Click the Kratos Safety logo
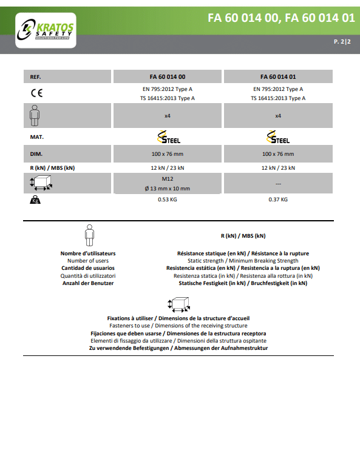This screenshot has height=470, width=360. pyautogui.click(x=46, y=30)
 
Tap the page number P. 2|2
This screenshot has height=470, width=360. pyautogui.click(x=342, y=41)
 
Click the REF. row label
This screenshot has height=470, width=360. pyautogui.click(x=35, y=77)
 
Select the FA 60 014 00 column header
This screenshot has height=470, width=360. pyautogui.click(x=168, y=77)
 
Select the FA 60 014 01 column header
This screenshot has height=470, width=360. pyautogui.click(x=278, y=77)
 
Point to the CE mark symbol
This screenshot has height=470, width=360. pyautogui.click(x=37, y=93)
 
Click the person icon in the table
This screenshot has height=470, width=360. pyautogui.click(x=35, y=115)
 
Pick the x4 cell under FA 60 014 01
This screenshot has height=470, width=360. pyautogui.click(x=278, y=116)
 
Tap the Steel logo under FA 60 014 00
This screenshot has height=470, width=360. pyautogui.click(x=169, y=137)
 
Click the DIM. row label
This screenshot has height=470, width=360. pyautogui.click(x=36, y=154)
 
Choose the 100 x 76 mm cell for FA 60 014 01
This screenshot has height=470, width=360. pyautogui.click(x=278, y=154)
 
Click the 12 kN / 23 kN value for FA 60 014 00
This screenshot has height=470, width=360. pyautogui.click(x=168, y=168)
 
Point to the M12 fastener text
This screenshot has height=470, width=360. pyautogui.click(x=168, y=179)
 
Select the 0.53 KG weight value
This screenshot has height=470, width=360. pyautogui.click(x=168, y=200)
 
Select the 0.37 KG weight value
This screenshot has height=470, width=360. pyautogui.click(x=278, y=200)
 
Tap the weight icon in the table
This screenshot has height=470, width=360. pyautogui.click(x=35, y=200)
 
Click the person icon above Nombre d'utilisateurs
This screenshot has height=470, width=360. pyautogui.click(x=89, y=235)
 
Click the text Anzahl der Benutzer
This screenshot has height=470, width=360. pyautogui.click(x=88, y=283)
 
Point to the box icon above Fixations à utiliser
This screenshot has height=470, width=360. pyautogui.click(x=179, y=305)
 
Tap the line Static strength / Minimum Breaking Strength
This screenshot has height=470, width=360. pyautogui.click(x=243, y=261)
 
